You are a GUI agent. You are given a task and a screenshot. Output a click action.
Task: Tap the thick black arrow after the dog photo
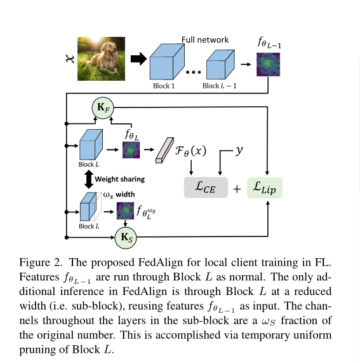[138, 59]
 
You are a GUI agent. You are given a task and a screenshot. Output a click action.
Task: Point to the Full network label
[205, 39]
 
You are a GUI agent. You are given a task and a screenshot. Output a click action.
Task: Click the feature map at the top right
[267, 64]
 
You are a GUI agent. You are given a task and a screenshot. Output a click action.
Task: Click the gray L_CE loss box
[205, 188]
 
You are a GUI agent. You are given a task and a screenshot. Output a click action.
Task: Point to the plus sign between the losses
[236, 189]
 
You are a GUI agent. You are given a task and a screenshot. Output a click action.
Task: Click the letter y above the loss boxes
[240, 151]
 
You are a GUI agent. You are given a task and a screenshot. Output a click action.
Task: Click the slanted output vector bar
[166, 147]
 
